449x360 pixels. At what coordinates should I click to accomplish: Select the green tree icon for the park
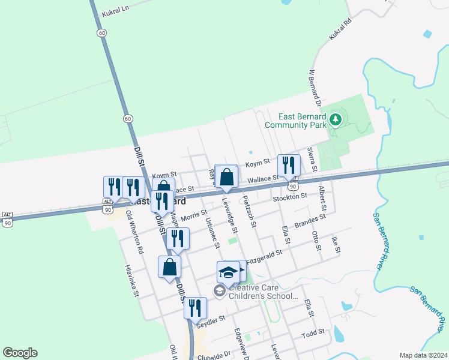pyautogui.click(x=336, y=120)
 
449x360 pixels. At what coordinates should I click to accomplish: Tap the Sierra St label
pyautogui.click(x=310, y=157)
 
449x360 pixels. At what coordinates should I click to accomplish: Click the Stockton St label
pyautogui.click(x=289, y=196)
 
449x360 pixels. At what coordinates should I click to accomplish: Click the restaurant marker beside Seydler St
pyautogui.click(x=195, y=307)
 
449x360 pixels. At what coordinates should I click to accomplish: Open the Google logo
pyautogui.click(x=20, y=353)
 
